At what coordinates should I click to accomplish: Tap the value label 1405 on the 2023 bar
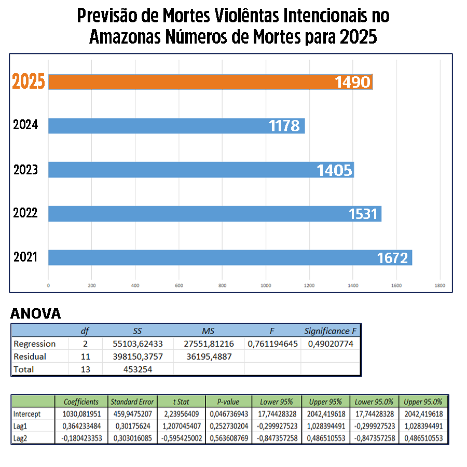coord(335,170)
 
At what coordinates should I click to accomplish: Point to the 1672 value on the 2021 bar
coord(393,257)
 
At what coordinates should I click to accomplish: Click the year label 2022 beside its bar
coord(25,213)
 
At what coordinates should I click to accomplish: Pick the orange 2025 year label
coord(29,82)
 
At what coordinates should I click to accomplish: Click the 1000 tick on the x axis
coord(266,285)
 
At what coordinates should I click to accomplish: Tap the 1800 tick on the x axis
coord(440,285)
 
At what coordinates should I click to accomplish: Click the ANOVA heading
coord(35,313)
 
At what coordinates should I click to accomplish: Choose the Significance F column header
coord(330,331)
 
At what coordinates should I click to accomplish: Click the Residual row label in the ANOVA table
coord(30,356)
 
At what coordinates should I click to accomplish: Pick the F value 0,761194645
coord(272,344)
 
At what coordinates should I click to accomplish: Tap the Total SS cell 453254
coord(138,369)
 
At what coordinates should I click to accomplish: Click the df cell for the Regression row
coord(85,344)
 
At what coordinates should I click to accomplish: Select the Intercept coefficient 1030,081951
coord(81,414)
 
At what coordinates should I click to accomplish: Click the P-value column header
coord(228,402)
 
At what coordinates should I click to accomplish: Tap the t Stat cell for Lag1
coord(181,426)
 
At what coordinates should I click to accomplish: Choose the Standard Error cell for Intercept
coord(132,414)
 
